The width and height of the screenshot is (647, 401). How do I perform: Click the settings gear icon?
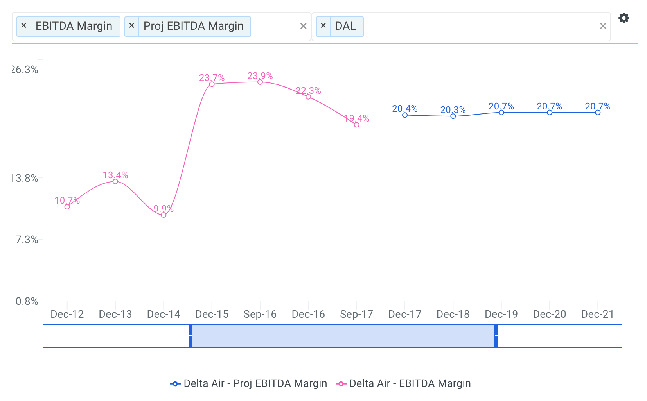pyautogui.click(x=624, y=18)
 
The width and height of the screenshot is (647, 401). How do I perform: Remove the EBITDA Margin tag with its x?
pyautogui.click(x=24, y=26)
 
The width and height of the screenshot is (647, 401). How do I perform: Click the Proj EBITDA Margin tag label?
pyautogui.click(x=193, y=26)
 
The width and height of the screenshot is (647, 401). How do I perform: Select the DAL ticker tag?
pyautogui.click(x=345, y=26)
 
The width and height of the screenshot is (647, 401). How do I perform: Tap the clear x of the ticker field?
pyautogui.click(x=603, y=26)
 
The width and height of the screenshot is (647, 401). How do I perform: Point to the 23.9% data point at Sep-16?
pyautogui.click(x=260, y=82)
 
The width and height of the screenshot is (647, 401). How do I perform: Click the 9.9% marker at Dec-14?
pyautogui.click(x=164, y=215)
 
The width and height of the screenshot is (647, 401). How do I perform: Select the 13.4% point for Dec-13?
pyautogui.click(x=115, y=181)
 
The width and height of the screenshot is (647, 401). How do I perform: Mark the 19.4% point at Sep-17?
pyautogui.click(x=356, y=125)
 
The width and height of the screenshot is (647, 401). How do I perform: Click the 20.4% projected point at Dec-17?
pyautogui.click(x=405, y=115)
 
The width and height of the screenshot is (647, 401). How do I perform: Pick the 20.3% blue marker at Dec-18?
pyautogui.click(x=453, y=116)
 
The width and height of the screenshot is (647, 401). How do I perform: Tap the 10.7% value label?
pyautogui.click(x=67, y=200)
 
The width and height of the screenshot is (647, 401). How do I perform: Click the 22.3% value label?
pyautogui.click(x=308, y=91)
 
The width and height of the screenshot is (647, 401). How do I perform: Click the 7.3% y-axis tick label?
pyautogui.click(x=27, y=240)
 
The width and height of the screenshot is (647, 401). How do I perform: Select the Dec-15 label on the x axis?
pyautogui.click(x=212, y=314)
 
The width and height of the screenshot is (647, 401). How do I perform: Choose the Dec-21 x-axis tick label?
pyautogui.click(x=597, y=314)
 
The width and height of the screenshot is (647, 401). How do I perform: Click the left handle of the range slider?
pyautogui.click(x=191, y=336)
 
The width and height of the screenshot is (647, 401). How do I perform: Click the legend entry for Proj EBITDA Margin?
pyautogui.click(x=249, y=383)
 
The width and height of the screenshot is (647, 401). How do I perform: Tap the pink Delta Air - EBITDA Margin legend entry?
pyautogui.click(x=403, y=383)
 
